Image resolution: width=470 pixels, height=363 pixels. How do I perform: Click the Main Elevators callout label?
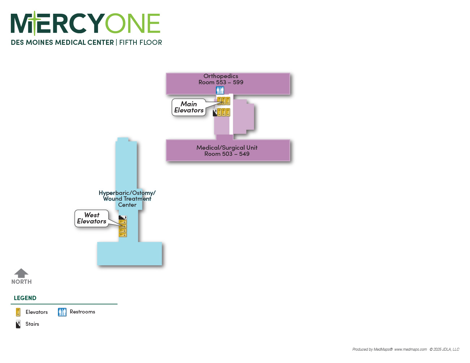189,107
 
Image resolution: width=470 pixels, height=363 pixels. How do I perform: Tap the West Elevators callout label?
92,218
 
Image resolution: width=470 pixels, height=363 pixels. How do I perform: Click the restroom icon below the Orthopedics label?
220,90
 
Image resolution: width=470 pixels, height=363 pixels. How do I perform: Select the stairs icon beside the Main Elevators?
215,112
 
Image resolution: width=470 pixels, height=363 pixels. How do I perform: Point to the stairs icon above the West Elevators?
123,217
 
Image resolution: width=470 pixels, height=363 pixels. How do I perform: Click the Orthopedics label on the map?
221,76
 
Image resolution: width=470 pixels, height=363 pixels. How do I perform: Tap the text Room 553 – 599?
221,82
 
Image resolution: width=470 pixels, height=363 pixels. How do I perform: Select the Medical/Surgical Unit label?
227,148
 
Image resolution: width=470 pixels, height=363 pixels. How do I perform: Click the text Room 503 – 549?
227,154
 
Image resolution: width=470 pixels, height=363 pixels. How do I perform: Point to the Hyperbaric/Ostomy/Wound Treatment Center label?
127,199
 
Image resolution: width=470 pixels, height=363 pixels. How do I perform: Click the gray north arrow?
21,273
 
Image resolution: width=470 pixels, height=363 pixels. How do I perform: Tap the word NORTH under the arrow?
21,282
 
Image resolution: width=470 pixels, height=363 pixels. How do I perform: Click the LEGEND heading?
25,298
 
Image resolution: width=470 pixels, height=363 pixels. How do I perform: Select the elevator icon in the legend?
18,312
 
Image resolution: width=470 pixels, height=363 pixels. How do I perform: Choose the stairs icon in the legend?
18,324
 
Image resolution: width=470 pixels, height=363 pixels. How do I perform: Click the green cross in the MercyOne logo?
35,23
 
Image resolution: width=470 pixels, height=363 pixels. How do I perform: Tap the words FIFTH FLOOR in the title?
141,43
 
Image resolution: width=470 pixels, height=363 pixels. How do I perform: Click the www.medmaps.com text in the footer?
411,349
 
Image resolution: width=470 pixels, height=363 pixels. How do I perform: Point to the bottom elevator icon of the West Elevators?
123,235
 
